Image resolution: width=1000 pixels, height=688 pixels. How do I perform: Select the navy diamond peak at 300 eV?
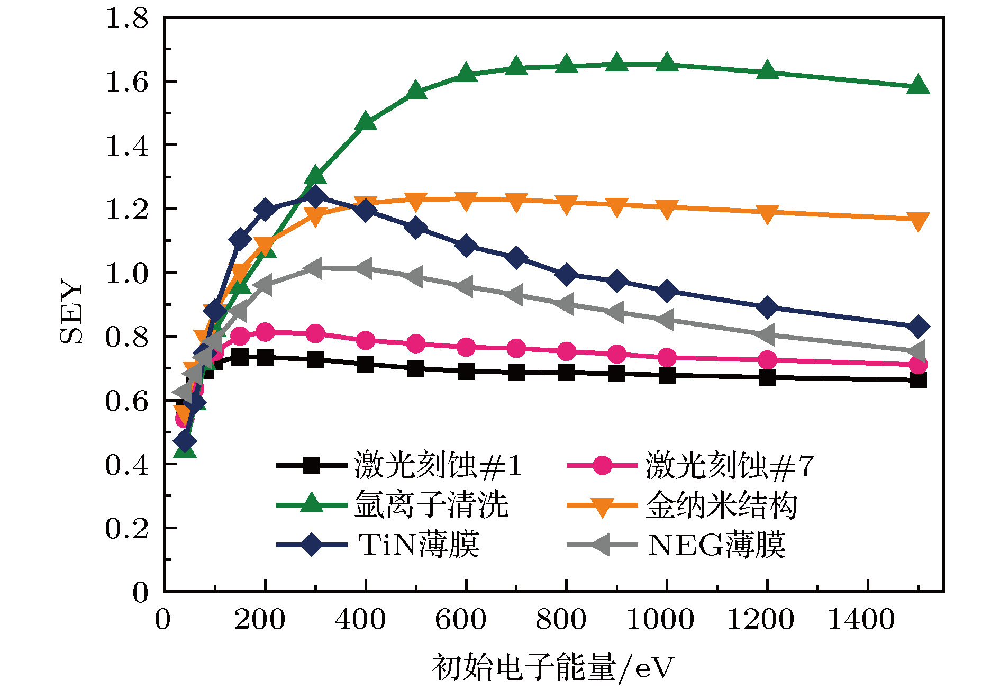[x=315, y=197]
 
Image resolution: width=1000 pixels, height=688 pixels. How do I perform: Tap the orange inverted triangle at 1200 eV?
[x=767, y=213]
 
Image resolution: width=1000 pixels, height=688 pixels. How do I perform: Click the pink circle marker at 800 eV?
[x=566, y=351]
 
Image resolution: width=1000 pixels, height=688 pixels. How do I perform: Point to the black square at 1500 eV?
[x=918, y=380]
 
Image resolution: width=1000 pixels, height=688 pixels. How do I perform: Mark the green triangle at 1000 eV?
[x=667, y=62]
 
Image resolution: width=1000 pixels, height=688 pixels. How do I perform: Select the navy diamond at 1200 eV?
[x=767, y=307]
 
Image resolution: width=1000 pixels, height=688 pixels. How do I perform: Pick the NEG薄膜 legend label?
[x=717, y=545]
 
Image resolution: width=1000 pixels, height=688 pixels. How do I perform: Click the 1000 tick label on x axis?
[x=660, y=619]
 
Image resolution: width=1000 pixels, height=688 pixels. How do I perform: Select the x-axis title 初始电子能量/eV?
[x=553, y=667]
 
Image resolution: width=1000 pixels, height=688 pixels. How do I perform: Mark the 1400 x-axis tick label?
[x=861, y=619]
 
